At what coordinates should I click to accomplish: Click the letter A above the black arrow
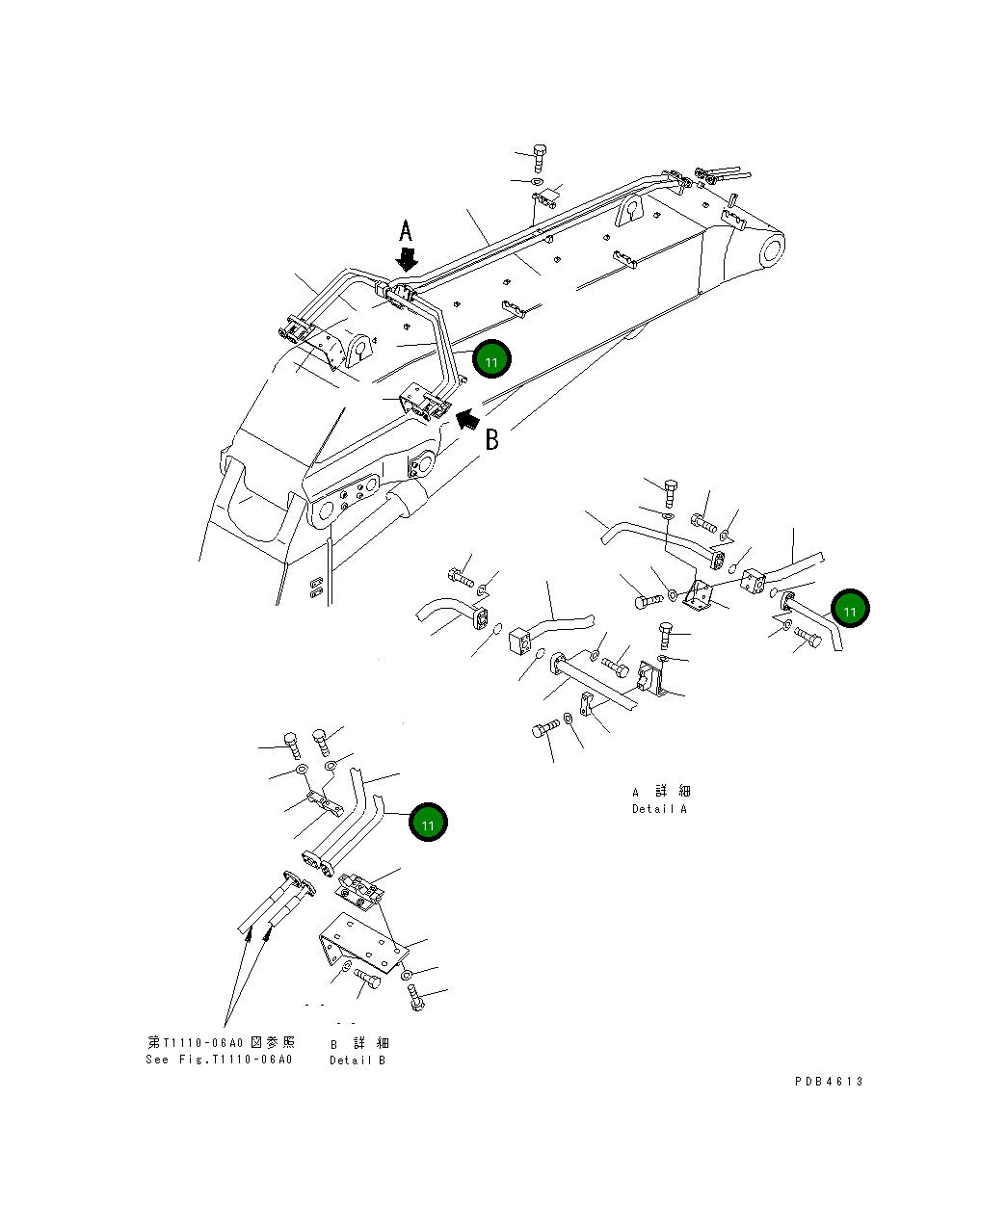[x=407, y=231]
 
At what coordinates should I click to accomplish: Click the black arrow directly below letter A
[x=408, y=259]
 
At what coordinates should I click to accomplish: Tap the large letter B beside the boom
[x=491, y=440]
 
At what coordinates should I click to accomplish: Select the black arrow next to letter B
[x=467, y=418]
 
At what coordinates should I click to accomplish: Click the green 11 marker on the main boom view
[x=491, y=360]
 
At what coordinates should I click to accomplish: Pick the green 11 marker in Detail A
[x=850, y=610]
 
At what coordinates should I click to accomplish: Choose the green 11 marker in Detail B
[x=428, y=823]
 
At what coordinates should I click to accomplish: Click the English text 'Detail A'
[x=659, y=809]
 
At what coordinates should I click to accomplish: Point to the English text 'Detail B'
[x=357, y=1060]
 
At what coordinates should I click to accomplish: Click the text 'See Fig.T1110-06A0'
[x=219, y=1060]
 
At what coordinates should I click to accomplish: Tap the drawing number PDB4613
[x=829, y=1082]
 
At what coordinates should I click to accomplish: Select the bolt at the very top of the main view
[x=540, y=157]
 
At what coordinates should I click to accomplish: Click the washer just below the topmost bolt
[x=537, y=181]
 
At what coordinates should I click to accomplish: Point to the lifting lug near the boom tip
[x=631, y=210]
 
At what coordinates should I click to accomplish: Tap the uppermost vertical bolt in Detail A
[x=672, y=493]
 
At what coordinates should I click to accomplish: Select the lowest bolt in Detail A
[x=545, y=729]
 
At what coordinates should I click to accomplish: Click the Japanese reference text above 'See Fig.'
[x=221, y=1042]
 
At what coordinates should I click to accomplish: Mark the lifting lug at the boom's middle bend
[x=360, y=349]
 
